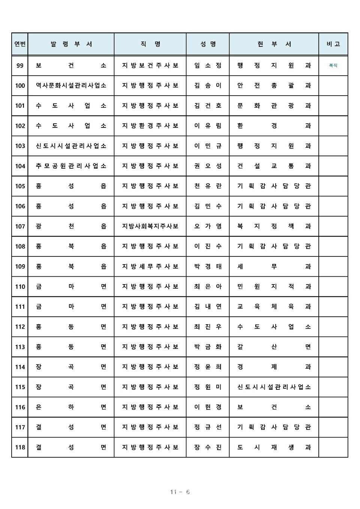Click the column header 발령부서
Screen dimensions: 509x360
click(71, 44)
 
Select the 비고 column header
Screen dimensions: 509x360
click(333, 44)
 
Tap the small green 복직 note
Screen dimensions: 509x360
click(333, 66)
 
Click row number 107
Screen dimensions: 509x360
click(20, 226)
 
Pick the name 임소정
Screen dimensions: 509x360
click(208, 66)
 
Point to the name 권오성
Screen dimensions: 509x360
click(208, 166)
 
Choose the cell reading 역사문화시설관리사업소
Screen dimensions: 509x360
click(71, 85)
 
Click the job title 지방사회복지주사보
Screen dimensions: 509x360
click(150, 226)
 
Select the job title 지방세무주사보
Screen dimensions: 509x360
click(150, 266)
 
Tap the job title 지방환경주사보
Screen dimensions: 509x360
click(150, 126)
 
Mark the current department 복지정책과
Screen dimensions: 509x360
click(274, 226)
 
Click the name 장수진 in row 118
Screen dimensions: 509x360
click(208, 447)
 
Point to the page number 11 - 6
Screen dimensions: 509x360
click(180, 492)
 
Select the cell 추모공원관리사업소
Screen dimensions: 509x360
click(71, 166)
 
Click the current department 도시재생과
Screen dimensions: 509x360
click(274, 447)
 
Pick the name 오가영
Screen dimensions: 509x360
click(208, 226)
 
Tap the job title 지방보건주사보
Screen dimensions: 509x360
click(150, 66)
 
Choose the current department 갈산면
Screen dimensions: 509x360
click(274, 347)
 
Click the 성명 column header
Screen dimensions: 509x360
click(208, 44)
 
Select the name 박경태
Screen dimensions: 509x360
click(208, 266)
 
